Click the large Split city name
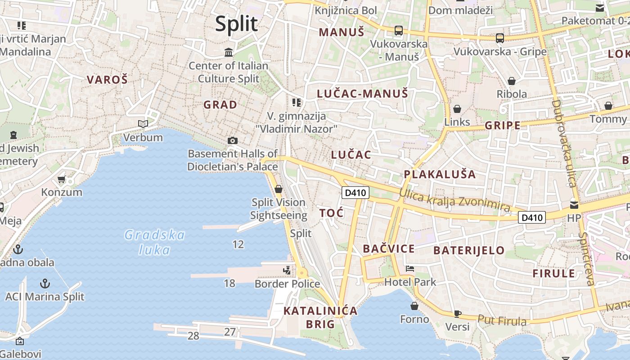point(236,24)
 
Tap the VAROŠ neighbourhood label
point(107,80)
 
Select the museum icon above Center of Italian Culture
point(229,53)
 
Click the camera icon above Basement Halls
point(233,140)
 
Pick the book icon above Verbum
point(143,124)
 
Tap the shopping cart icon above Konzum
point(62,179)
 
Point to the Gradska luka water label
point(154,242)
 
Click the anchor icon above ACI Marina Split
point(45,283)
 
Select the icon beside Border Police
point(287,270)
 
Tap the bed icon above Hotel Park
point(410,269)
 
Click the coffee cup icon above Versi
point(457,314)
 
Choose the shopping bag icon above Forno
point(414,306)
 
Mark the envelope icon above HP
point(574,205)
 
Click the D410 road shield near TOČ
point(355,193)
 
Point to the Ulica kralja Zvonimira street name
point(454,201)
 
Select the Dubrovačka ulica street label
point(564,143)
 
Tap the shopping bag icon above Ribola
point(512,81)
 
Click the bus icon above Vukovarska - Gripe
point(500,38)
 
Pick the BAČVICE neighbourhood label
point(389,249)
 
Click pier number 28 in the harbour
point(193,336)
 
